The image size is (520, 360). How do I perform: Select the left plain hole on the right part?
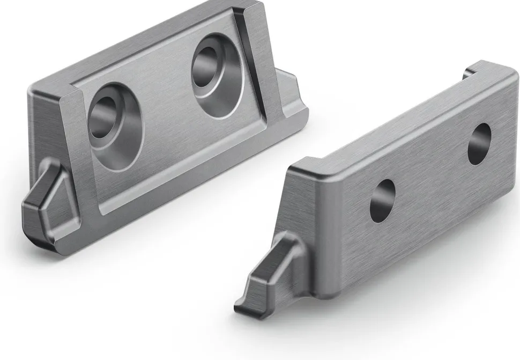(x=383, y=201)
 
